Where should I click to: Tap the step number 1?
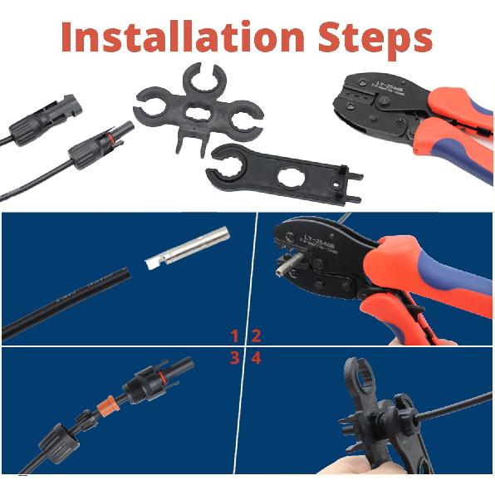[235, 336]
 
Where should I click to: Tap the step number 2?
[257, 336]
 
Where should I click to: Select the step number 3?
[235, 358]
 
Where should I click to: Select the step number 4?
[257, 358]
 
